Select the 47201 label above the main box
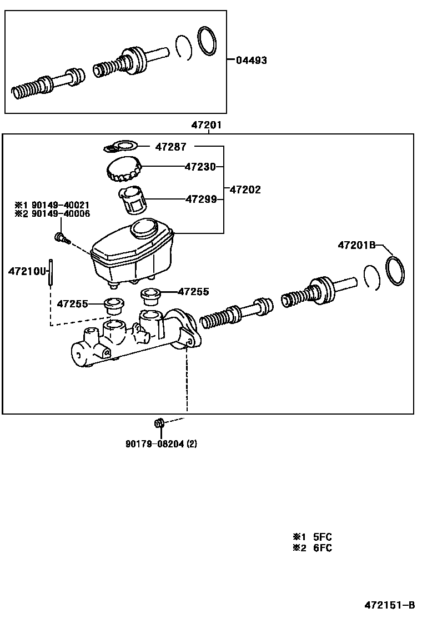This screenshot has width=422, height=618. pos(207,126)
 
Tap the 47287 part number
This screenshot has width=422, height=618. pos(170,147)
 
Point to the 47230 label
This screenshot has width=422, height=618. pos(201,166)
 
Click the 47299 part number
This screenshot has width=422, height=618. pos(201,198)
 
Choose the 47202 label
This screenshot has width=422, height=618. pos(245,190)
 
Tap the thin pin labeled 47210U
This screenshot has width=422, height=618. pos(51,272)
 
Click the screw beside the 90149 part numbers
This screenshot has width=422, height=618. pos(61,238)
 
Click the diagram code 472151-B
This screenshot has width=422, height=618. pos(389,605)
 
